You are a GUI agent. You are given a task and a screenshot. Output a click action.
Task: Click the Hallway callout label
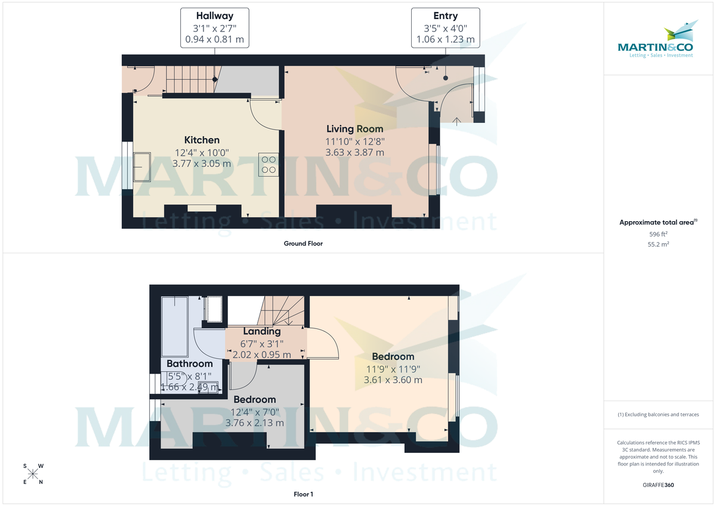pyautogui.click(x=215, y=16)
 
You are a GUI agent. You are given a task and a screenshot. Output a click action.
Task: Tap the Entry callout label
pyautogui.click(x=445, y=16)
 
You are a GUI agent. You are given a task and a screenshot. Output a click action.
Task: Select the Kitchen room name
pyautogui.click(x=202, y=140)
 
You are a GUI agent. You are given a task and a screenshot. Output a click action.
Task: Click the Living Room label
pyautogui.click(x=354, y=129)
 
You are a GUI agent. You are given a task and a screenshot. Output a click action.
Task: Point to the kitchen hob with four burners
pyautogui.click(x=268, y=164)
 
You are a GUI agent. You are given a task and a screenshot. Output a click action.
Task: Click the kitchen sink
pyautogui.click(x=142, y=166)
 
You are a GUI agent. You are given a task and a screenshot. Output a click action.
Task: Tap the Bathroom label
pyautogui.click(x=190, y=364)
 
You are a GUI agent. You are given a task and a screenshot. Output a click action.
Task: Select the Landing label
pyautogui.click(x=262, y=331)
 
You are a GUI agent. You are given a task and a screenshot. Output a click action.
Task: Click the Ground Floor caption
pyautogui.click(x=303, y=243)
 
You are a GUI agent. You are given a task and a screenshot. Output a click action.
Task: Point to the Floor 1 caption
pyautogui.click(x=303, y=494)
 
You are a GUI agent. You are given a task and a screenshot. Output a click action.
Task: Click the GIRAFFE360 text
pyautogui.click(x=658, y=485)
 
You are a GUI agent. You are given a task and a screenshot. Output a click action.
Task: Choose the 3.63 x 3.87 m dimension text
pyautogui.click(x=354, y=152)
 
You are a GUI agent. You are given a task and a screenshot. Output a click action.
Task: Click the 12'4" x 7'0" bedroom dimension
pyautogui.click(x=255, y=412)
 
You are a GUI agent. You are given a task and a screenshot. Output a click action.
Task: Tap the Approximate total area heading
pyautogui.click(x=657, y=222)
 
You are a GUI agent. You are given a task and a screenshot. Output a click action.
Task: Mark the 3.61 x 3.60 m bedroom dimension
pyautogui.click(x=393, y=380)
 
